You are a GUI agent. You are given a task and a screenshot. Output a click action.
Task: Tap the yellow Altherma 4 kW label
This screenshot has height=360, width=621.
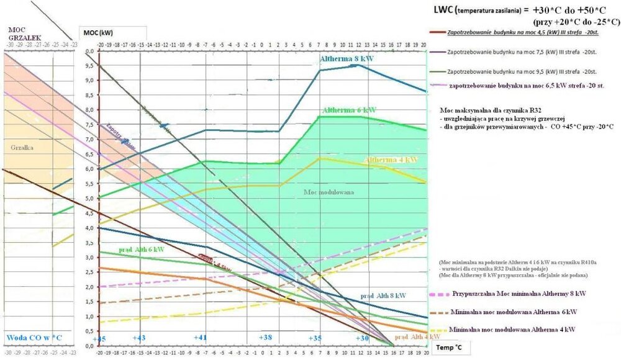click(391, 160)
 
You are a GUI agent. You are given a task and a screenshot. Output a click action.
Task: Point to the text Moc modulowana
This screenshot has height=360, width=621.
click(329, 192)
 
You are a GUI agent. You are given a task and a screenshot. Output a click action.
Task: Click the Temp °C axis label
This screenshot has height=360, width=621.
click(449, 349)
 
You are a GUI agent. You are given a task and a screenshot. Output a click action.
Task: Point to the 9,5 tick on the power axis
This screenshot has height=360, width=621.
click(89, 65)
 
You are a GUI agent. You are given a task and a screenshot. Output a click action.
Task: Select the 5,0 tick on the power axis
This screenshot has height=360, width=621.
click(89, 199)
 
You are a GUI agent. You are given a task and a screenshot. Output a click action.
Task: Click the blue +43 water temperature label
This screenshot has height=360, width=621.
click(140, 337)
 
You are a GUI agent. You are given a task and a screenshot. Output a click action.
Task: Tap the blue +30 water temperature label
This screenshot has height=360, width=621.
click(362, 337)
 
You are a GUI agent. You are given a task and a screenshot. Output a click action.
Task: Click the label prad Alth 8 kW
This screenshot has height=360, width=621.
click(384, 295)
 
